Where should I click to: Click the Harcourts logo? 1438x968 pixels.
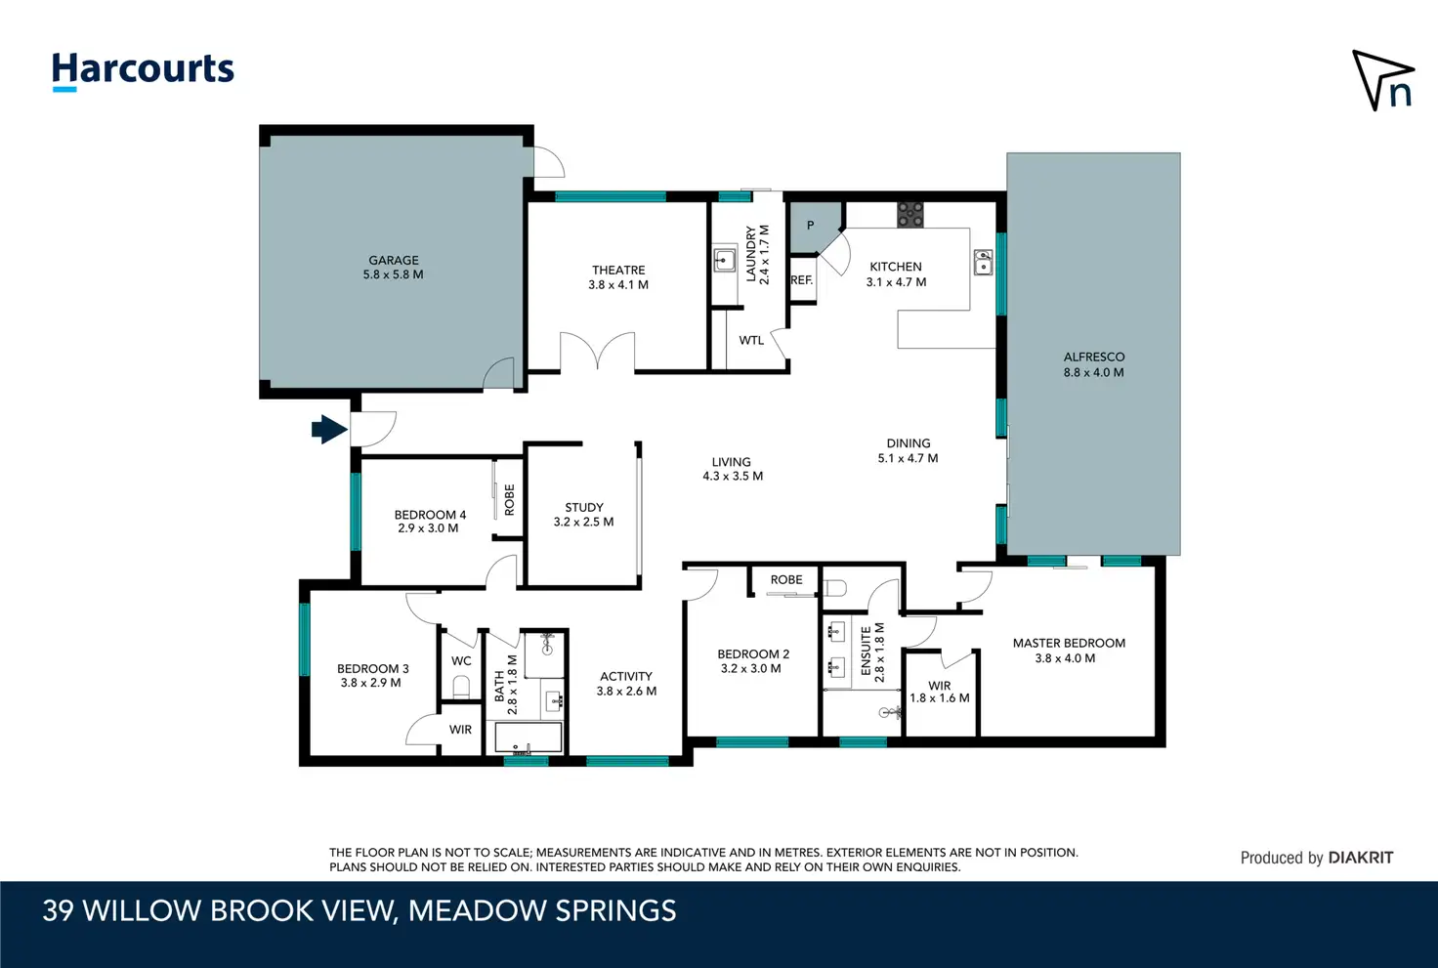(143, 71)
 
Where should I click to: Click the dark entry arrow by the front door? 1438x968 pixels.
(329, 429)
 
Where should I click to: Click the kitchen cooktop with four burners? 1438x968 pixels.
(910, 214)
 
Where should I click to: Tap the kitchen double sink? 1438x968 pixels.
(983, 263)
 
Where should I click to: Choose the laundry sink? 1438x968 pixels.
(724, 261)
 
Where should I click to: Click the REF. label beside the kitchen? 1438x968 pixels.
(802, 280)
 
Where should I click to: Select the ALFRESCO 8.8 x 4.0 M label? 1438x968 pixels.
(1094, 364)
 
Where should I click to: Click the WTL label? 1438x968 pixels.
(751, 340)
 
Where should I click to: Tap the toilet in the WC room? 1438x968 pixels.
(461, 687)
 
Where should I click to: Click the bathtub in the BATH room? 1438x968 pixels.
(529, 737)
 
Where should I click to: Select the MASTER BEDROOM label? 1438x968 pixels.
(1069, 643)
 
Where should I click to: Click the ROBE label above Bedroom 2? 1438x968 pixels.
(786, 579)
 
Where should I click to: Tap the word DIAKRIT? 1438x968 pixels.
(1360, 858)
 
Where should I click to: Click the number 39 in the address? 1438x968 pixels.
(58, 911)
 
